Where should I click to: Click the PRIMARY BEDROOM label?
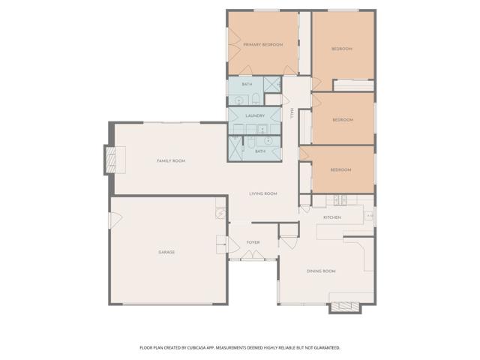point(263,45)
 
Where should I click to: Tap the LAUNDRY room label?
point(255,115)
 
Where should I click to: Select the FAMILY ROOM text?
point(171,160)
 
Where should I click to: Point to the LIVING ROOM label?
point(263,193)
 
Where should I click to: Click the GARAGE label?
point(166,252)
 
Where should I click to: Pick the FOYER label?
point(253,242)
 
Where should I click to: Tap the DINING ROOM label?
point(321,271)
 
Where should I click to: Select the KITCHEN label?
point(332,217)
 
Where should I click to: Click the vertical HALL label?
point(292,113)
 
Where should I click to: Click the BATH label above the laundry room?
point(247,84)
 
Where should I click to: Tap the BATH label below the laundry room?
point(260,151)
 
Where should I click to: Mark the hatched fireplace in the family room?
point(111,160)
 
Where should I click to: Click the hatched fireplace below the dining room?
point(345,307)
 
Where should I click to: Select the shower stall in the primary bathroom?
point(272,84)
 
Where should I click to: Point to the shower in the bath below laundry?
point(235,148)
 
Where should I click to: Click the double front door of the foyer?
point(253,255)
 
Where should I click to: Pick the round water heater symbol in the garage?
point(220,213)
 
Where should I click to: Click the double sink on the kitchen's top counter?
point(340,200)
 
